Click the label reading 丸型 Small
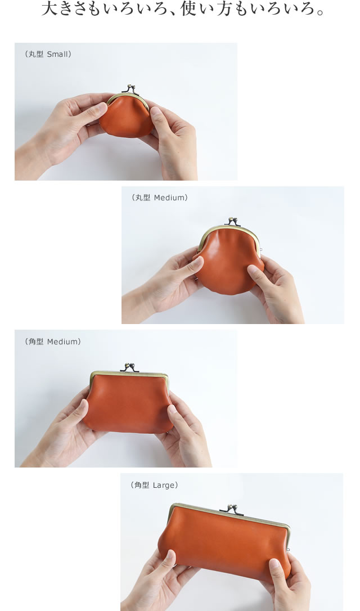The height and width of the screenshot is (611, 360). pyautogui.click(x=48, y=55)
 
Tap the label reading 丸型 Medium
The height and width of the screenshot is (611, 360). pyautogui.click(x=160, y=198)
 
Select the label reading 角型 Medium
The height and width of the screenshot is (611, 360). pyautogui.click(x=53, y=342)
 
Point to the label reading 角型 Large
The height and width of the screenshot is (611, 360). pyautogui.click(x=154, y=485)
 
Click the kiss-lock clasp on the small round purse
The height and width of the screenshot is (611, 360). pyautogui.click(x=129, y=89)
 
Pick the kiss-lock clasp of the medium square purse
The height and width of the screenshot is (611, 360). pyautogui.click(x=130, y=367)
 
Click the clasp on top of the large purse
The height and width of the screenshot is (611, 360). pyautogui.click(x=232, y=509)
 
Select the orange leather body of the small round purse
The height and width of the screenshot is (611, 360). pyautogui.click(x=127, y=117)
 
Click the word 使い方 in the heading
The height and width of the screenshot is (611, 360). pyautogui.click(x=206, y=8)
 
